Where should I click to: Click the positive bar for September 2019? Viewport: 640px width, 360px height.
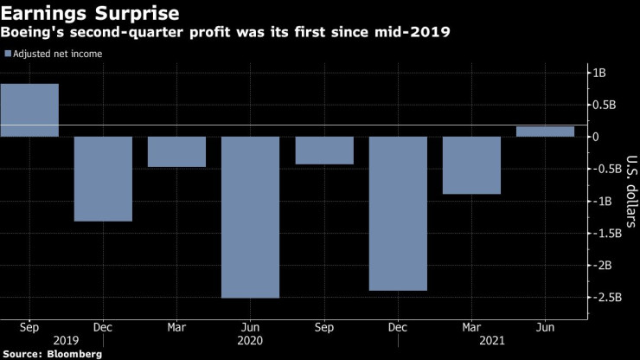(x=29, y=110)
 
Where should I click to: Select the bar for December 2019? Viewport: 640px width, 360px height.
(x=103, y=179)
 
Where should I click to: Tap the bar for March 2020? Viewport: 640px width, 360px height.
(x=176, y=151)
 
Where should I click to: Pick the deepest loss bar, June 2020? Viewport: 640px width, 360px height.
(x=251, y=217)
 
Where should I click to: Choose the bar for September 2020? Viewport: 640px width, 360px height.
(x=324, y=151)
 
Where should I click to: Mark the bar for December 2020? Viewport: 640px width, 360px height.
(x=399, y=214)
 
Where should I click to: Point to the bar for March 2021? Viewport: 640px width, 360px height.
(x=472, y=165)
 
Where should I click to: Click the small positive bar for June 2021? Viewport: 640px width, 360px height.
(x=546, y=132)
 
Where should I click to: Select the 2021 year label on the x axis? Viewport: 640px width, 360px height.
(x=472, y=341)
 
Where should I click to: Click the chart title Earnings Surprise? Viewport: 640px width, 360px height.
(x=91, y=14)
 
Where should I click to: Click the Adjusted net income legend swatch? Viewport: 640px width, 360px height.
(x=8, y=54)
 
